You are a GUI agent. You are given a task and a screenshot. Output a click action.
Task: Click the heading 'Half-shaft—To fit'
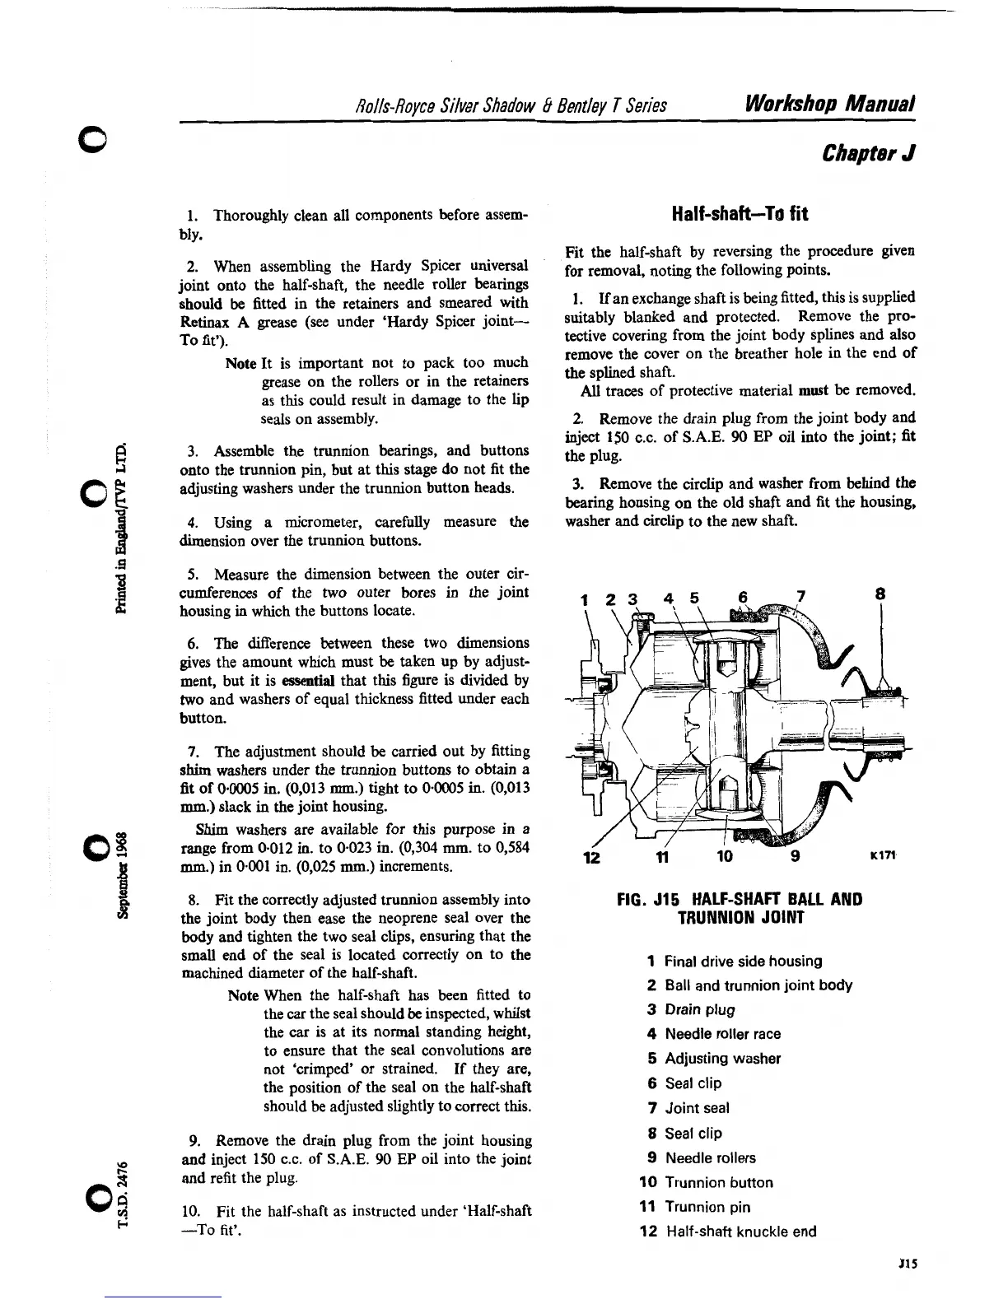740,214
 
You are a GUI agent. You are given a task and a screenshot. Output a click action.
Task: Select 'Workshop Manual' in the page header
830,105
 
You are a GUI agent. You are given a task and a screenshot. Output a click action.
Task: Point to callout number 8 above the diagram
881,593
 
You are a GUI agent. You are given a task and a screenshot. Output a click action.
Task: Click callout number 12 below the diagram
591,857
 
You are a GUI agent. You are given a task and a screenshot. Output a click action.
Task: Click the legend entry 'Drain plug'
699,1009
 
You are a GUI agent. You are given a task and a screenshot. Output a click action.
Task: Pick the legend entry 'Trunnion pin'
707,1207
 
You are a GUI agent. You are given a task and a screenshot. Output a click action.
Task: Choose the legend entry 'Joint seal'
697,1108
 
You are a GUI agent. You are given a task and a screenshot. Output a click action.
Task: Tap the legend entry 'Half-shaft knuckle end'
740,1232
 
